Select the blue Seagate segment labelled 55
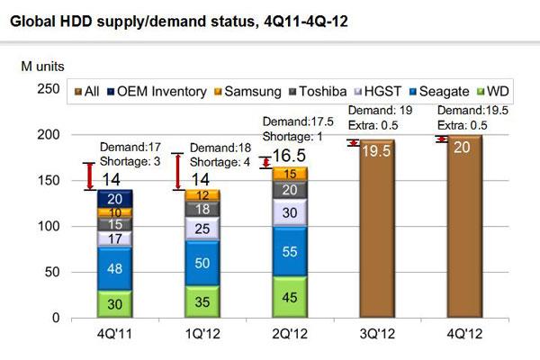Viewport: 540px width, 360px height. [x=284, y=253]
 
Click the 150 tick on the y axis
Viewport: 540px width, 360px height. [x=53, y=181]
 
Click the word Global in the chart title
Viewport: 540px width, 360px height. [x=32, y=22]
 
